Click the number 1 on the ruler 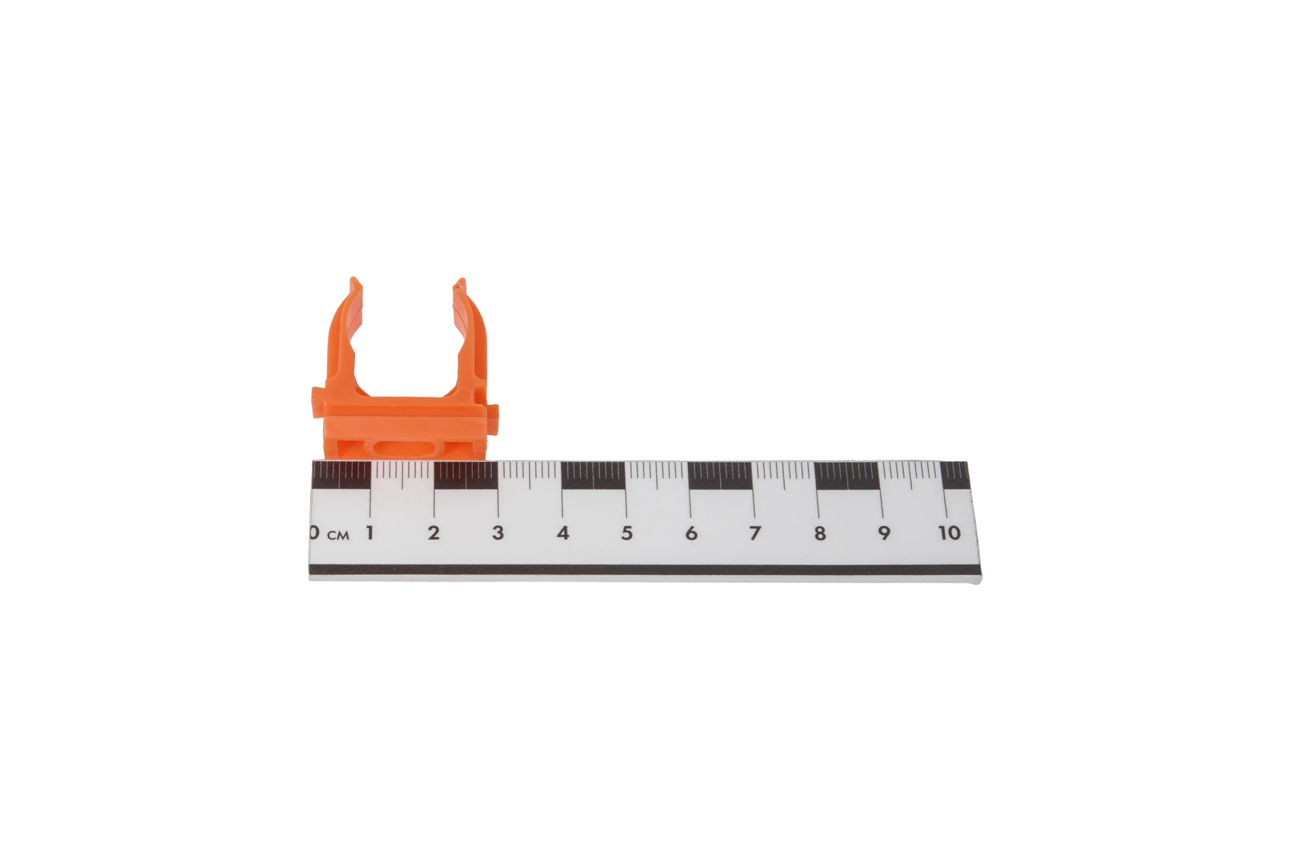[x=371, y=532]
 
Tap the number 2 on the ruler [x=434, y=532]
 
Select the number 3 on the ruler [x=498, y=532]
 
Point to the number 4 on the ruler [x=563, y=533]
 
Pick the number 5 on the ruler [x=627, y=533]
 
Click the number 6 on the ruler [x=691, y=533]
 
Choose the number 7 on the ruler [x=755, y=533]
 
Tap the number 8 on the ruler [x=820, y=533]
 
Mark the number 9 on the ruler [x=884, y=533]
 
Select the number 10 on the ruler [x=949, y=533]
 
